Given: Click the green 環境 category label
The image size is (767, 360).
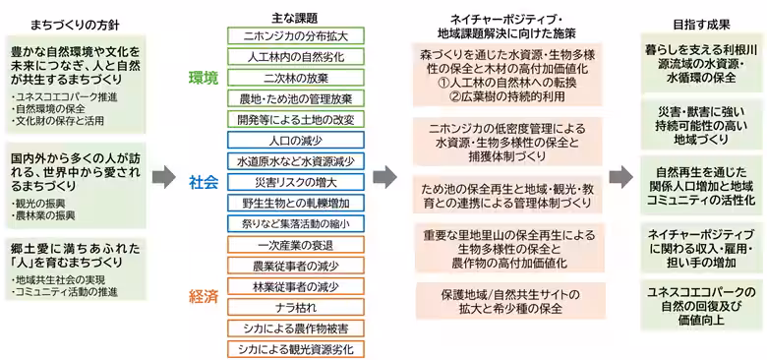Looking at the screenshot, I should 205,77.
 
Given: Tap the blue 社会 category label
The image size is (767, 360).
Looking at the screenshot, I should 205,181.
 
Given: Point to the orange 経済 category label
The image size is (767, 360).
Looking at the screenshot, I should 205,296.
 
